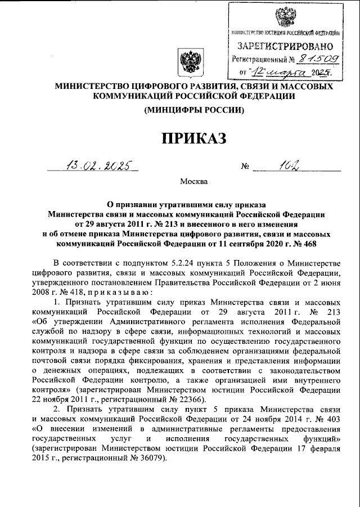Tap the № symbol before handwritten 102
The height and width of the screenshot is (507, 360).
click(x=245, y=167)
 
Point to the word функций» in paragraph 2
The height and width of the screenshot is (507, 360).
click(x=321, y=438)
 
